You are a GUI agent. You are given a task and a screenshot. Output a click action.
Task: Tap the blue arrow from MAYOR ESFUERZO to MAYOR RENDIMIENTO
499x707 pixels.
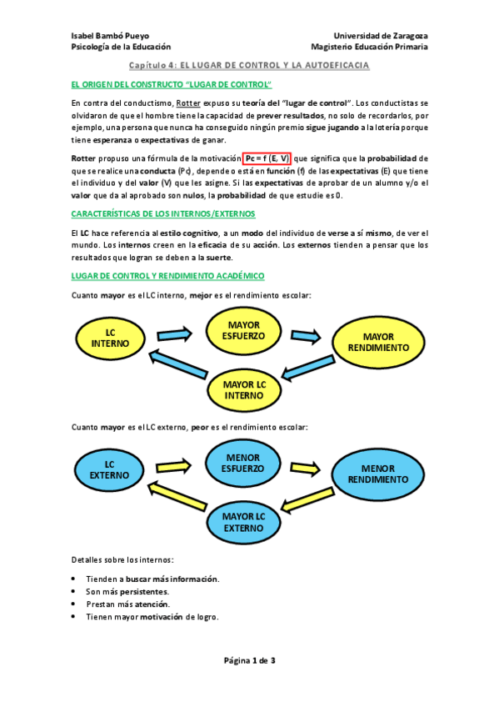(x=304, y=335)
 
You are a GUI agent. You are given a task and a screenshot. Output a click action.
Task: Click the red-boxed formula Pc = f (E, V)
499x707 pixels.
(x=267, y=158)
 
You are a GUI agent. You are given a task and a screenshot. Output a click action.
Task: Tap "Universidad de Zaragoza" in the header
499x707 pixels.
(x=381, y=36)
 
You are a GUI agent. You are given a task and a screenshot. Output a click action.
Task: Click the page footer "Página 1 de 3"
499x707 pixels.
(x=249, y=660)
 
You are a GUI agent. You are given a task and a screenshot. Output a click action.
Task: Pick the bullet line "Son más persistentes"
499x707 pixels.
(x=133, y=591)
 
